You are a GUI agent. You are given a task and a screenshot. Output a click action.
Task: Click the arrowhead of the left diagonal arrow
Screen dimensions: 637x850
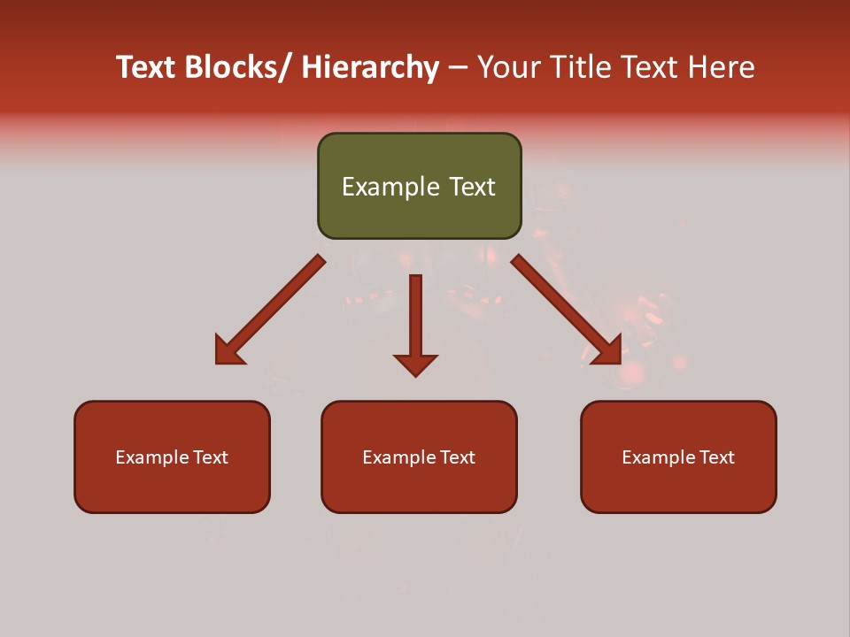pyautogui.click(x=228, y=352)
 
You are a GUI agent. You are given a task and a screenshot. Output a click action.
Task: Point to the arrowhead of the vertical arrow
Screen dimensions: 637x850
pyautogui.click(x=415, y=365)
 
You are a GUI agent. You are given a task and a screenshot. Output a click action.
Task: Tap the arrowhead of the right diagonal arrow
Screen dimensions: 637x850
pyautogui.click(x=608, y=351)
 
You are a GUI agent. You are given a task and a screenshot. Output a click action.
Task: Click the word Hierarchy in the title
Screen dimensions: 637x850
pyautogui.click(x=370, y=67)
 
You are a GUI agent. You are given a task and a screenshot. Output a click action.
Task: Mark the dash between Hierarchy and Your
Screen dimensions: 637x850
pyautogui.click(x=458, y=68)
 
